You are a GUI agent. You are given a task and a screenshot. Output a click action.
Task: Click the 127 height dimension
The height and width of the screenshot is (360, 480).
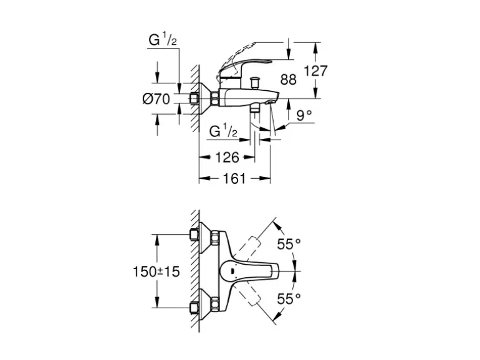coord(315,71)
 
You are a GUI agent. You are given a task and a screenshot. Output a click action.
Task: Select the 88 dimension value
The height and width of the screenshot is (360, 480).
coord(289,79)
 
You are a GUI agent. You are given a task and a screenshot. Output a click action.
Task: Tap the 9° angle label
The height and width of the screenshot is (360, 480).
coord(304,115)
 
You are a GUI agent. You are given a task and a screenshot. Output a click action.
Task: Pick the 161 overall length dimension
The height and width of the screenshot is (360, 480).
coord(234,179)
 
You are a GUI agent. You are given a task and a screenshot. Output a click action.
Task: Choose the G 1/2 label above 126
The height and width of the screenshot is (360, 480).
coord(223,132)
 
